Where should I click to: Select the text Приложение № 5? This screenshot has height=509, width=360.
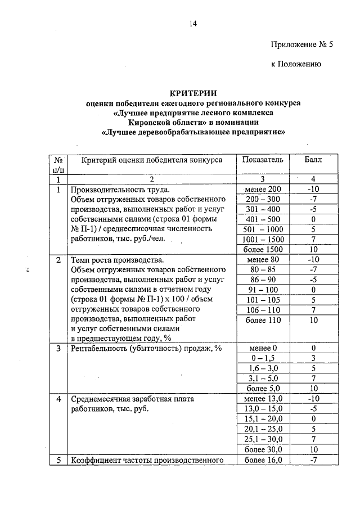pos(302,44)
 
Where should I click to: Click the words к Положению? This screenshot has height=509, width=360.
pos(296,65)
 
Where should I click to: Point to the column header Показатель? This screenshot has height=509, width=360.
pos(263,160)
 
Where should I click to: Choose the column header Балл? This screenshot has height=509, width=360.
pos(313,160)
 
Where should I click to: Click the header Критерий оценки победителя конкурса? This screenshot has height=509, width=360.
pos(152,160)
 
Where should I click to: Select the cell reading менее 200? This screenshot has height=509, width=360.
pos(263,189)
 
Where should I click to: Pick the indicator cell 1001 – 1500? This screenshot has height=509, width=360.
pos(263,239)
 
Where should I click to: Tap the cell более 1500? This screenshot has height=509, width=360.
pos(263,249)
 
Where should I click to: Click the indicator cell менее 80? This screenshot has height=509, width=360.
pos(263,260)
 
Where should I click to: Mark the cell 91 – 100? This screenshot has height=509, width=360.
pos(263,290)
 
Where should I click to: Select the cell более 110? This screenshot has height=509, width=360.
pos(263,319)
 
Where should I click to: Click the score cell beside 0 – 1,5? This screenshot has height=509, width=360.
pos(313,358)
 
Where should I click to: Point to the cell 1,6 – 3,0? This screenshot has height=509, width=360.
pos(263,368)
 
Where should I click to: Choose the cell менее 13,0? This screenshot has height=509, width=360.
pos(263,398)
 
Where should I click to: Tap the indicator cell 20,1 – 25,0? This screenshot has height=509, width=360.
pos(263,429)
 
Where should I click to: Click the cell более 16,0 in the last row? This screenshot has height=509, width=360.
pos(263,460)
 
